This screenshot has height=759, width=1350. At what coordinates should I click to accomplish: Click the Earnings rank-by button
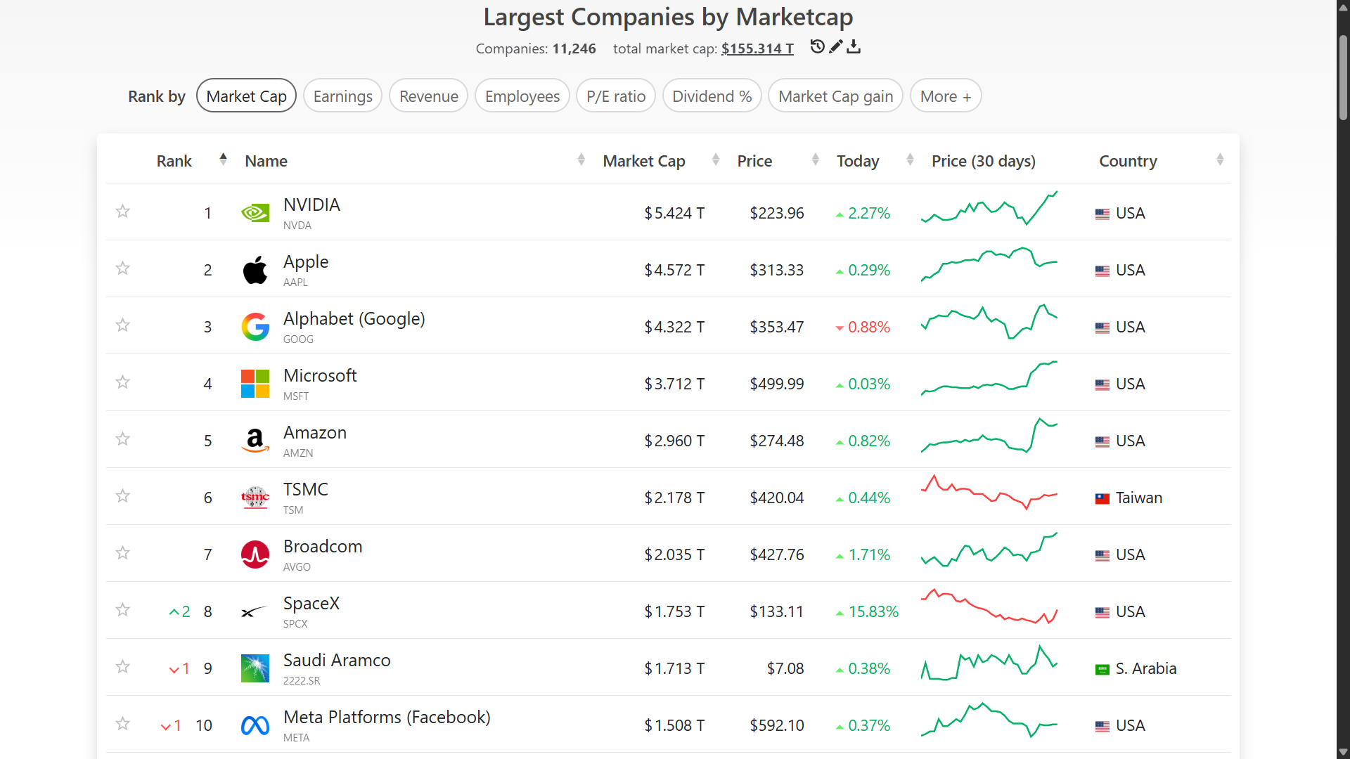click(342, 96)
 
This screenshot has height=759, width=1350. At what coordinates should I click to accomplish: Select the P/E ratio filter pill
click(616, 96)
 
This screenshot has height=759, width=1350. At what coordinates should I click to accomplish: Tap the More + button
click(946, 96)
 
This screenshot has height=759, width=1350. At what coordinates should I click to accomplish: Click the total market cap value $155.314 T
click(757, 48)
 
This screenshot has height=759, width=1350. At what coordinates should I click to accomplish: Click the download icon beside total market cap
click(854, 47)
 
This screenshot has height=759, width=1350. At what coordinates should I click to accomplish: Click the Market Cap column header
click(644, 161)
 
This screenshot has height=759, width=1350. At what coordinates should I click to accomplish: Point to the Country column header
click(1128, 161)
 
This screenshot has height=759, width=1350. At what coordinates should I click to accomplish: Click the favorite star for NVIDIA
click(123, 212)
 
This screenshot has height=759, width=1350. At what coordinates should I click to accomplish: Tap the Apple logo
click(255, 270)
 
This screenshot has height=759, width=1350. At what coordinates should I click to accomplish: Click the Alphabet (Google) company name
click(354, 318)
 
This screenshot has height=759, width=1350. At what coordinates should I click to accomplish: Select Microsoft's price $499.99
click(777, 384)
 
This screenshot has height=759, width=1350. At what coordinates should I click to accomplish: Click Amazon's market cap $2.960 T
click(674, 441)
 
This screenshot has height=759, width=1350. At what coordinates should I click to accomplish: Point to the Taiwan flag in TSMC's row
click(1102, 498)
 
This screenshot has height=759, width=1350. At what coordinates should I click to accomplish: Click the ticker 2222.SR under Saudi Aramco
click(302, 680)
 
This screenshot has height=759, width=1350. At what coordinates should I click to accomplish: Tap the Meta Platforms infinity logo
click(255, 725)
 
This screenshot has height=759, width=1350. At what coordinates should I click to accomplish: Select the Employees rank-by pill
click(522, 96)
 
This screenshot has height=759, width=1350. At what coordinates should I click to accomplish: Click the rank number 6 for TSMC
click(207, 498)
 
